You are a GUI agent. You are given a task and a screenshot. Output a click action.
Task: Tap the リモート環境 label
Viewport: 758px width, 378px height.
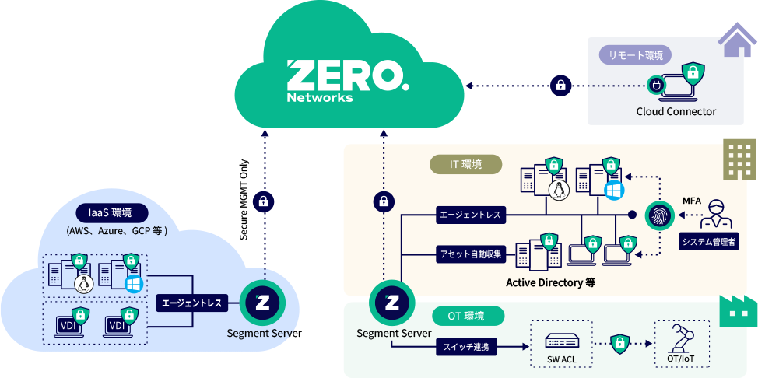pyautogui.click(x=634, y=55)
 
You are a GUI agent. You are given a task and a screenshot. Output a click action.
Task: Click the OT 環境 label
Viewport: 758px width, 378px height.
pyautogui.click(x=467, y=316)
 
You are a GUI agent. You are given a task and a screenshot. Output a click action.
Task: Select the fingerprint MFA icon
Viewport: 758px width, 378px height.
pyautogui.click(x=660, y=216)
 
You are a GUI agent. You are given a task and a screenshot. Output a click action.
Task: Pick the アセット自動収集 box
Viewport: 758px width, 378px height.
pyautogui.click(x=472, y=253)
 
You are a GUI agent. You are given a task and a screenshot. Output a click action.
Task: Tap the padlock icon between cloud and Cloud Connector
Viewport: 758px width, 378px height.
pyautogui.click(x=560, y=85)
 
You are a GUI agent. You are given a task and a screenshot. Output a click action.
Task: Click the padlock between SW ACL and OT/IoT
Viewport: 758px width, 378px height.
pyautogui.click(x=619, y=342)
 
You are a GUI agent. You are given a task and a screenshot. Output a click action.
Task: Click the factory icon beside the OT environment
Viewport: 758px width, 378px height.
pyautogui.click(x=735, y=311)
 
